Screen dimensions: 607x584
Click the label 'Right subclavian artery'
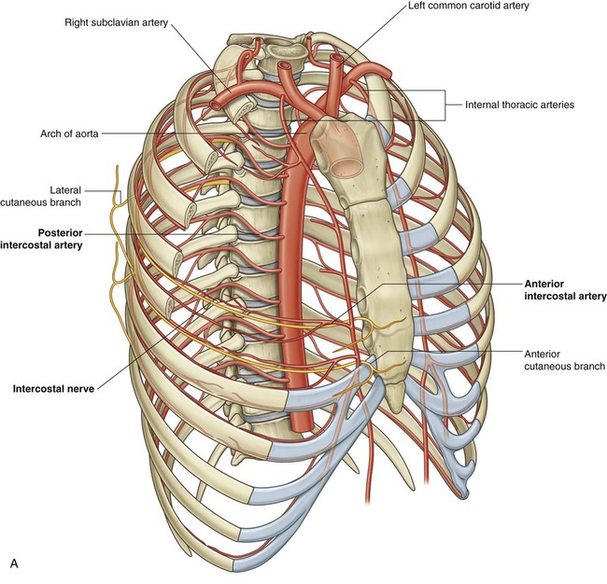[116, 22]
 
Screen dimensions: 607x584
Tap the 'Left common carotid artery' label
[469, 6]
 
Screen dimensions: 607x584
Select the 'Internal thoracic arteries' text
[519, 104]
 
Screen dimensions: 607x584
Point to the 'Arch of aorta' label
[69, 133]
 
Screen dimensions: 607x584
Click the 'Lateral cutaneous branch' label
[41, 196]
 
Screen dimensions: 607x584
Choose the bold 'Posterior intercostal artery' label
[41, 239]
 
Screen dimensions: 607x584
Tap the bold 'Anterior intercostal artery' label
[565, 290]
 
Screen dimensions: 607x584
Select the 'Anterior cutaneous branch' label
[564, 360]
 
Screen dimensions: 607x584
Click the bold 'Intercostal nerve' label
[53, 389]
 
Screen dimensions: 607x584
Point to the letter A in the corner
[14, 563]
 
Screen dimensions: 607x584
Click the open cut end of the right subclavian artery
[214, 104]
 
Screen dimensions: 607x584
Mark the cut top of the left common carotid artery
[336, 58]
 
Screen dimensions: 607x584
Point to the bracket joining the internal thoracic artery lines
[445, 104]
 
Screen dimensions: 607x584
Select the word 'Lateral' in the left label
[65, 190]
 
